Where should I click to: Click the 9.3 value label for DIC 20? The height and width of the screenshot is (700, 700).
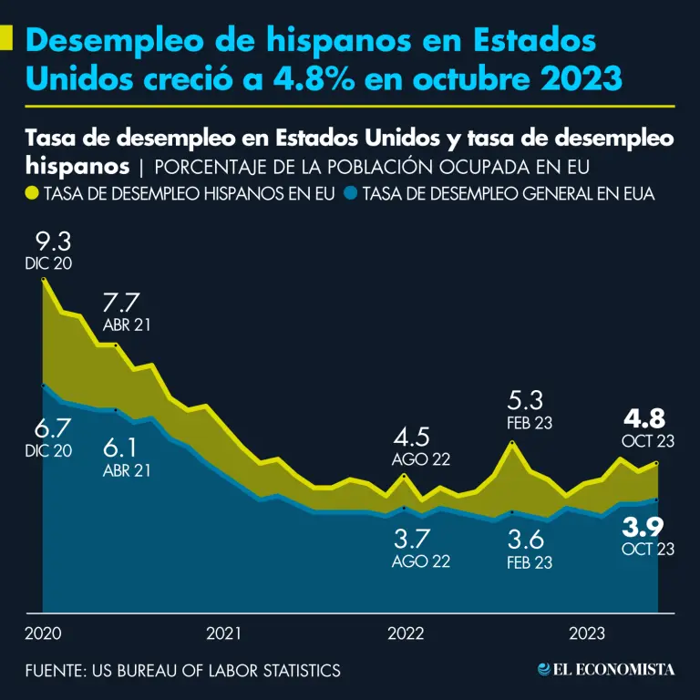[x=52, y=242]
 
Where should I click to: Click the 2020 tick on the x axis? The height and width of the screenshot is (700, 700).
[x=42, y=633]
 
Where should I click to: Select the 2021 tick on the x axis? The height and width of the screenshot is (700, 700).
[x=224, y=633]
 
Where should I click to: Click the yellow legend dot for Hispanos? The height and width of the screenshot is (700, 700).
[x=32, y=193]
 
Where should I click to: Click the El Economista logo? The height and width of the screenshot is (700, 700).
[x=606, y=670]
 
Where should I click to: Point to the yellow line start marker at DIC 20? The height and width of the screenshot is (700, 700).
[x=43, y=280]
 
